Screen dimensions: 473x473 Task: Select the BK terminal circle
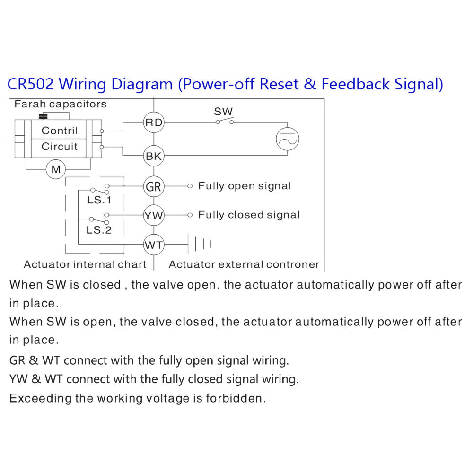pyautogui.click(x=153, y=156)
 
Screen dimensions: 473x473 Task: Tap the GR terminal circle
pyautogui.click(x=153, y=187)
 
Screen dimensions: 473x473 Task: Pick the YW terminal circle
pyautogui.click(x=153, y=216)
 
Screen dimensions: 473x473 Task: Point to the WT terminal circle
pyautogui.click(x=153, y=245)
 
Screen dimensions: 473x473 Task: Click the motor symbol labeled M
pyautogui.click(x=56, y=169)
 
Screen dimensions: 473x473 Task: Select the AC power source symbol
pyautogui.click(x=288, y=139)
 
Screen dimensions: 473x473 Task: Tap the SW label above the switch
pyautogui.click(x=223, y=112)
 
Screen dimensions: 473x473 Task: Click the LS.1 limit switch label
pyautogui.click(x=99, y=200)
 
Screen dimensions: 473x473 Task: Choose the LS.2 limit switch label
pyautogui.click(x=99, y=230)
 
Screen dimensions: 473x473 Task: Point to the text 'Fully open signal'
pyautogui.click(x=245, y=186)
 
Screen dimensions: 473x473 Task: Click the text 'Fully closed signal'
pyautogui.click(x=249, y=215)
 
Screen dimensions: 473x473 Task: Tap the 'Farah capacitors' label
pyautogui.click(x=61, y=104)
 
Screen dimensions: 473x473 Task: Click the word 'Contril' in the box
pyautogui.click(x=60, y=131)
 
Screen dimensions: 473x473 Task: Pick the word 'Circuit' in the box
pyautogui.click(x=60, y=147)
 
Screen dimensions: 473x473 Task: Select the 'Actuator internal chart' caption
pyautogui.click(x=85, y=264)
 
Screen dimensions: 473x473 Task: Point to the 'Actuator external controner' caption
pyautogui.click(x=244, y=264)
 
